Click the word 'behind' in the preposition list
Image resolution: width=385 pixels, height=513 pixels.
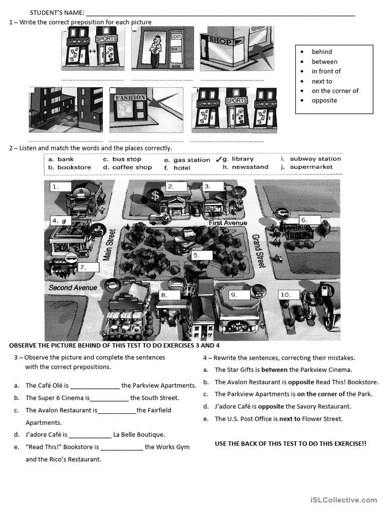[x=321, y=52]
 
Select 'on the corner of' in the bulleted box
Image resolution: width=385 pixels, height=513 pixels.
[x=335, y=91]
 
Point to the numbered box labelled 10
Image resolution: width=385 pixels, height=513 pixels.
[x=289, y=295]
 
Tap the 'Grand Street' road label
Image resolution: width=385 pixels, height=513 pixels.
[x=259, y=251]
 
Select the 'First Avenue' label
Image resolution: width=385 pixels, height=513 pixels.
[x=228, y=222]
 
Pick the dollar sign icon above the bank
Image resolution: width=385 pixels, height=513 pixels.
[x=155, y=195]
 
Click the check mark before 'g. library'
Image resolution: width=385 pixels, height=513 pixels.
[x=219, y=159]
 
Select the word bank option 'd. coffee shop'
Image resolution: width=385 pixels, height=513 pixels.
[x=127, y=167]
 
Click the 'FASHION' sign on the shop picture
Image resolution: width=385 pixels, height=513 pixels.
[x=130, y=98]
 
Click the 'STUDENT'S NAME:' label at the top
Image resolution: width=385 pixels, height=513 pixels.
[x=57, y=13]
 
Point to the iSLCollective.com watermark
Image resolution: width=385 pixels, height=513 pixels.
[x=343, y=499]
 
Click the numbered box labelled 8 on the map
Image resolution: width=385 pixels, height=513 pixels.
[x=168, y=295]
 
